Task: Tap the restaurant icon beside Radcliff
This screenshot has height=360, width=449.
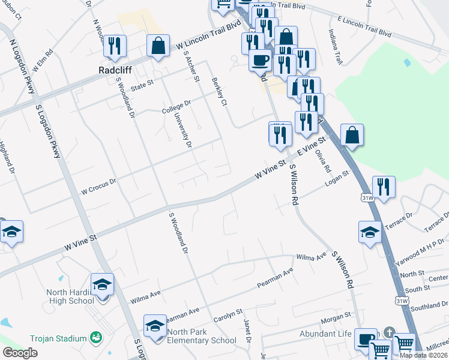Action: point(115,46)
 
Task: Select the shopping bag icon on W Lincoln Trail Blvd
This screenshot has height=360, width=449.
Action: point(158,46)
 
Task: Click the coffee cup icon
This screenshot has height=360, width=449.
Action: point(261,60)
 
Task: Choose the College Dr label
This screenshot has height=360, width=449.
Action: point(176,107)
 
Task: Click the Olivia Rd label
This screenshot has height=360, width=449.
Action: point(323,161)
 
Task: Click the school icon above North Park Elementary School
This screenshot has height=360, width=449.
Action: point(155,326)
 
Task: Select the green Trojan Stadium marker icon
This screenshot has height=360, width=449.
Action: point(95,338)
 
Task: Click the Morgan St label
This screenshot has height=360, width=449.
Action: point(334,316)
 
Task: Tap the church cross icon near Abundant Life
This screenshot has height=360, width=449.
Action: point(389,332)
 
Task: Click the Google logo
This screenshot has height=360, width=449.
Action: point(20,353)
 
